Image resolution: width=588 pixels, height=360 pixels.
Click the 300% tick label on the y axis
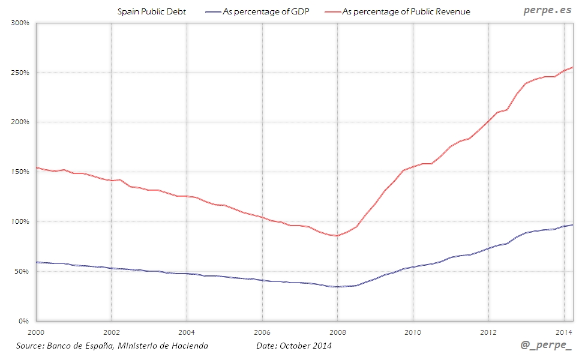tap(20, 23)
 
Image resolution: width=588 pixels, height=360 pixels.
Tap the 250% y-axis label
tap(20, 73)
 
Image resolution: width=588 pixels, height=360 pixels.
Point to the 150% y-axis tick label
tap(20, 172)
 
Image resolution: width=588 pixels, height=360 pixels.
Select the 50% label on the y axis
tap(22, 271)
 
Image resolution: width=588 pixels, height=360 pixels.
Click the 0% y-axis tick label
tap(25, 321)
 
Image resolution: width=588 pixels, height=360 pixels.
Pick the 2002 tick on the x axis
tap(111, 331)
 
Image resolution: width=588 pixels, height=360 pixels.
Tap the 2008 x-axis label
tap(337, 331)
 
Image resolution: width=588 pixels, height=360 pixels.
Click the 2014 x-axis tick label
tap(564, 331)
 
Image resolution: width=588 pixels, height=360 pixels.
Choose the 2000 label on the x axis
tap(37, 331)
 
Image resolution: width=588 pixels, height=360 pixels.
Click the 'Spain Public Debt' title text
tap(152, 11)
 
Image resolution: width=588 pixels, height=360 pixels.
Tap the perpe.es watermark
tap(547, 10)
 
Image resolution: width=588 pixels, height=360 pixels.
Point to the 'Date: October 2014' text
tap(293, 346)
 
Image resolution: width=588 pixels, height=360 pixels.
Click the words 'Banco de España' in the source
tap(79, 346)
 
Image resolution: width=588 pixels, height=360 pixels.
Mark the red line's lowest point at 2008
tap(337, 236)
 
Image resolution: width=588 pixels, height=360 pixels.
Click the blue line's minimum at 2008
tap(337, 287)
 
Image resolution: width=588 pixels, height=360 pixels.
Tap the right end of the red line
tap(573, 67)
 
